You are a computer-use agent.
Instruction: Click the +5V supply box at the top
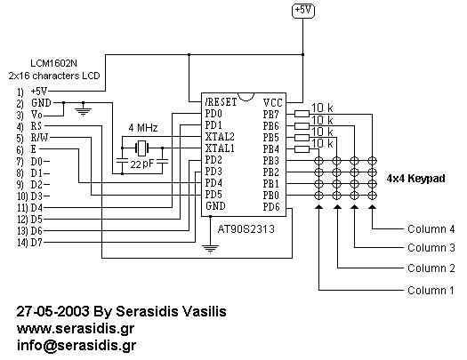pyautogui.click(x=303, y=11)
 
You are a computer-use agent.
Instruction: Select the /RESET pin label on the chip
pyautogui.click(x=221, y=102)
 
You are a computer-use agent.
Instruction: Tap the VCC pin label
pyautogui.click(x=272, y=103)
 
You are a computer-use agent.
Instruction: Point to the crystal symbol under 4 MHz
pyautogui.click(x=142, y=148)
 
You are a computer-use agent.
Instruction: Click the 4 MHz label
pyautogui.click(x=143, y=128)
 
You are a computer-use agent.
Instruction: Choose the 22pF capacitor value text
pyautogui.click(x=141, y=164)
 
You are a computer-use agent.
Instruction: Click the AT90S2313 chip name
pyautogui.click(x=246, y=229)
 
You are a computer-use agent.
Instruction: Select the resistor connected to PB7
pyautogui.click(x=302, y=114)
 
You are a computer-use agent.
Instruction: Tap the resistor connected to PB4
pyautogui.click(x=302, y=149)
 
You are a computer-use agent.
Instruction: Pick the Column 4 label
pyautogui.click(x=431, y=228)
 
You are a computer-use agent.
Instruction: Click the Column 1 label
pyautogui.click(x=431, y=290)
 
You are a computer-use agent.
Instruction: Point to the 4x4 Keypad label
pyautogui.click(x=415, y=179)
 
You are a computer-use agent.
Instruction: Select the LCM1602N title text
pyautogui.click(x=54, y=63)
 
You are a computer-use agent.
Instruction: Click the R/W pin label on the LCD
pyautogui.click(x=39, y=138)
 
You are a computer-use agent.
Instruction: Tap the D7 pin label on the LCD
pyautogui.click(x=37, y=243)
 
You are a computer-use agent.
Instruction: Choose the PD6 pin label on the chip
pyautogui.click(x=271, y=207)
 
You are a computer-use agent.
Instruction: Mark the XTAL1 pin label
pyautogui.click(x=220, y=148)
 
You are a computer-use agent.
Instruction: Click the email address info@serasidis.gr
pyautogui.click(x=76, y=346)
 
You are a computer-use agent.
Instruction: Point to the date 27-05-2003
pyautogui.click(x=52, y=311)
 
